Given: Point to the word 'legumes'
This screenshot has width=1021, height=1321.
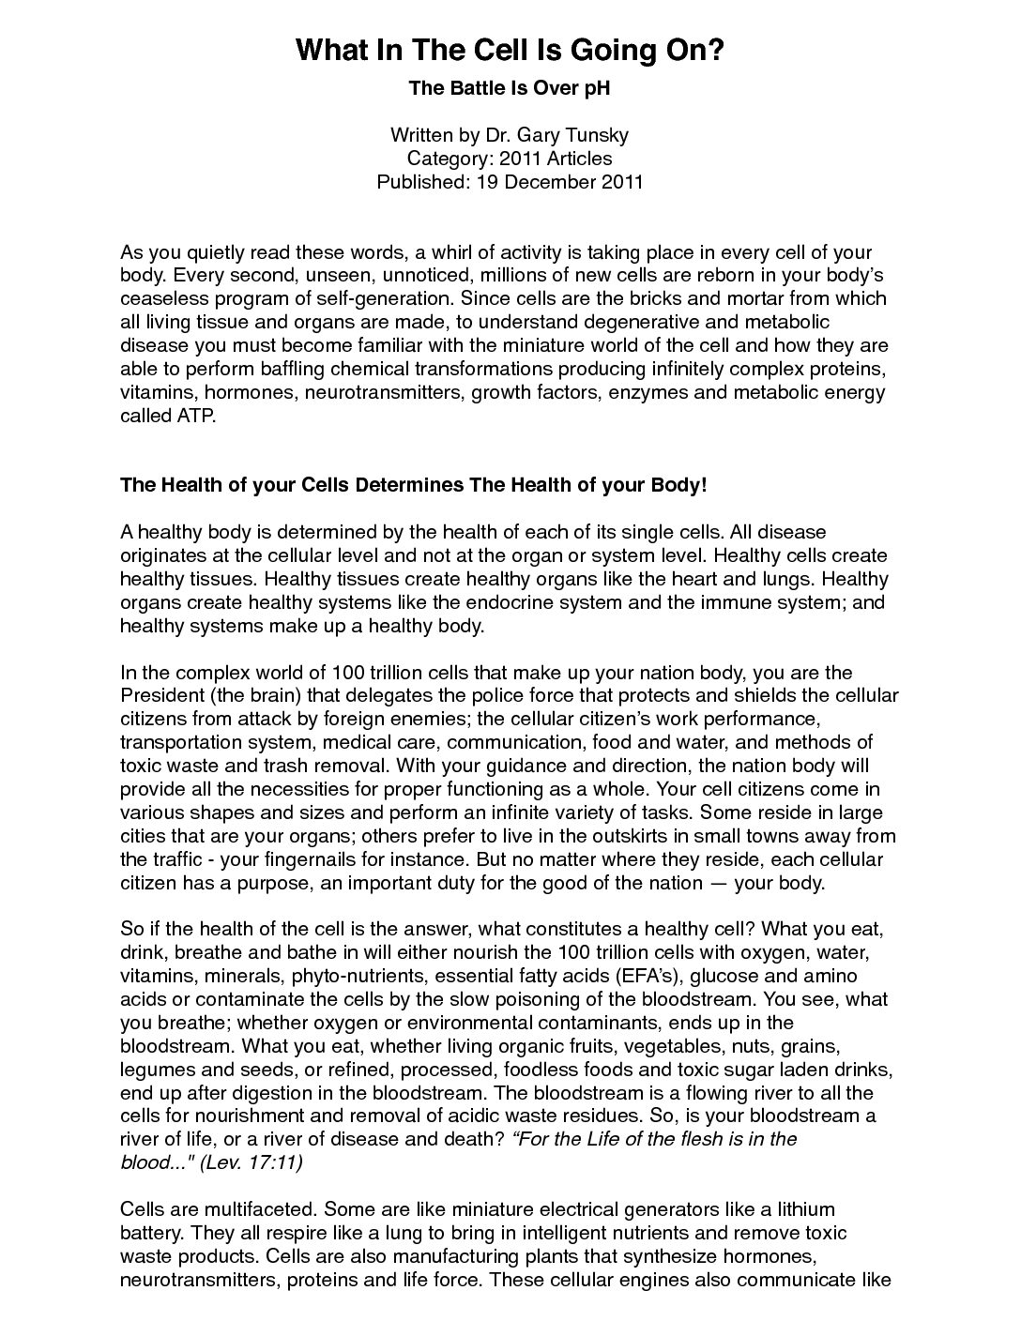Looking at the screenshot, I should coord(153,1070).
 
